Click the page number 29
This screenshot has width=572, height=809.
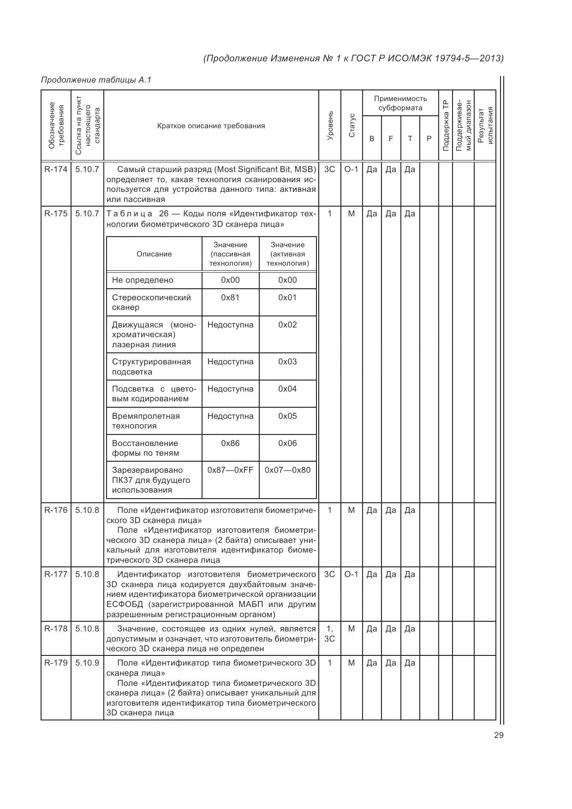point(498,735)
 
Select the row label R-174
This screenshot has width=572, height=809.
point(56,169)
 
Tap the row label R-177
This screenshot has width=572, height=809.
point(56,574)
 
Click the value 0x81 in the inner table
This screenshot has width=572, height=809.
point(230,297)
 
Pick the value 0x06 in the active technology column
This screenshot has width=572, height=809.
point(287,443)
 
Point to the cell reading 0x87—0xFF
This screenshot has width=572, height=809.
point(230,470)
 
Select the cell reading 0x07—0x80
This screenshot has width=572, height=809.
point(287,470)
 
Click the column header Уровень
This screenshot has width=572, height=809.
point(330,125)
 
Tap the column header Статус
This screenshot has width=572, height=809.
point(352,125)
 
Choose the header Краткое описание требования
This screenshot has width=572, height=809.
point(211,125)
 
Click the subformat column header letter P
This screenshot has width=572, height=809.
point(429,138)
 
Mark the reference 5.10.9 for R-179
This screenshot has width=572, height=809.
point(87,663)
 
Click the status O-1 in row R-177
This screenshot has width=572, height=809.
point(352,574)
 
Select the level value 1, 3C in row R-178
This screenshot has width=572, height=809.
point(329,634)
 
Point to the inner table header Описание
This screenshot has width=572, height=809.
point(154,254)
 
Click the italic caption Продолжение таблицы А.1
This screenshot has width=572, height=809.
point(96,80)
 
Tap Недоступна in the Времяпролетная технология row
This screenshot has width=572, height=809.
point(230,416)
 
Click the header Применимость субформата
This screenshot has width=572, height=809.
point(400,103)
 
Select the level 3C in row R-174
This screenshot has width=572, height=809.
point(329,169)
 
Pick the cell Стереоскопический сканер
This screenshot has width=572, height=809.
point(151,302)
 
